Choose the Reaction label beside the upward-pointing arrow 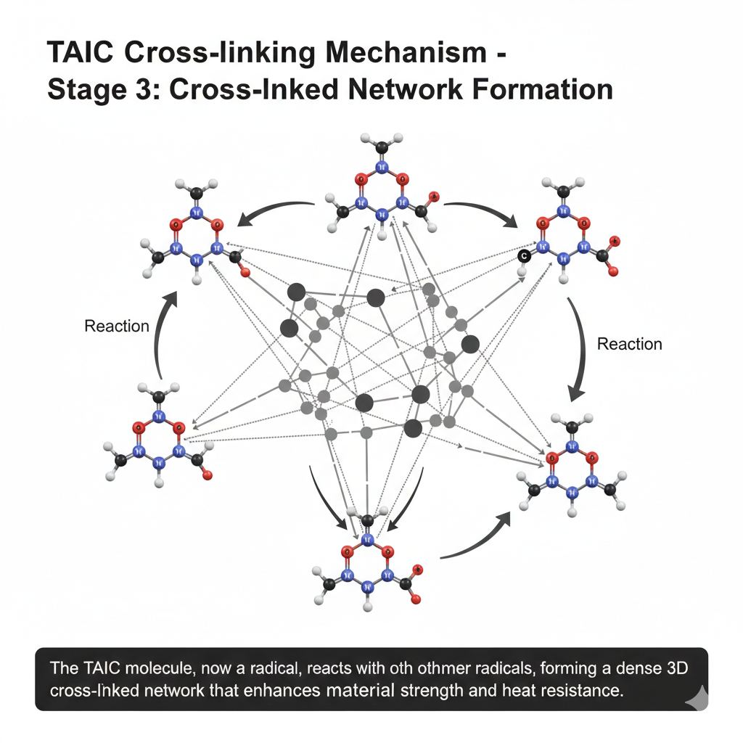[x=116, y=326]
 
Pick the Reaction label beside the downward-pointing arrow [x=629, y=344]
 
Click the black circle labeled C [x=523, y=255]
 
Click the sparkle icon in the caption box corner [x=694, y=698]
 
